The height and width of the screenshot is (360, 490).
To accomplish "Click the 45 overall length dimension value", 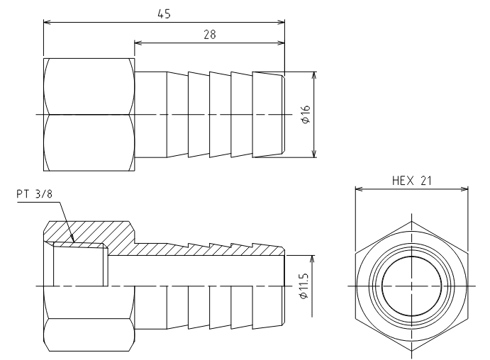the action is (164, 14).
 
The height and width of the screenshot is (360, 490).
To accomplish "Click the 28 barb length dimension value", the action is (210, 34).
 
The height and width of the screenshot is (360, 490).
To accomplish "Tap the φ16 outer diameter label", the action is (306, 114).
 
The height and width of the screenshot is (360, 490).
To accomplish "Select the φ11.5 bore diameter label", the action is (304, 286).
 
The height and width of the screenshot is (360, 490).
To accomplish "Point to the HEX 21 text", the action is (411, 181).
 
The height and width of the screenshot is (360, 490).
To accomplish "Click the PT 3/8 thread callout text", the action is (34, 194).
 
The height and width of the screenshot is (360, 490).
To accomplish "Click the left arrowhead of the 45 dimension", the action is (48, 22).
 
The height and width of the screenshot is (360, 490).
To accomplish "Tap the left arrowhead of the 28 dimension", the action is (138, 43).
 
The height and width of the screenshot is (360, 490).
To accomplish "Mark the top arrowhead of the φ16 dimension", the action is (314, 76).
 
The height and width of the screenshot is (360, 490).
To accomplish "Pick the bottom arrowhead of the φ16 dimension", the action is (314, 154).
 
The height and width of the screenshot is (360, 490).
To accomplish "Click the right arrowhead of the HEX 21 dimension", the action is (464, 189).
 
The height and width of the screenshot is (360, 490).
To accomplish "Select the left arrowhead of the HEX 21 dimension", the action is (359, 189).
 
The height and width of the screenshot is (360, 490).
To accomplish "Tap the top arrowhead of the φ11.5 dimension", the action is (311, 259).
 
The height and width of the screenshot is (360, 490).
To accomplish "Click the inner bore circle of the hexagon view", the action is (411, 256).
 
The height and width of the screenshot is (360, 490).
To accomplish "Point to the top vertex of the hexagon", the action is (411, 221).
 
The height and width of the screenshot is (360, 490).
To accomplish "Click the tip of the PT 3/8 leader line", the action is (74, 242).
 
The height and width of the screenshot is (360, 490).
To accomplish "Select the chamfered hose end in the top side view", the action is (269, 115).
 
